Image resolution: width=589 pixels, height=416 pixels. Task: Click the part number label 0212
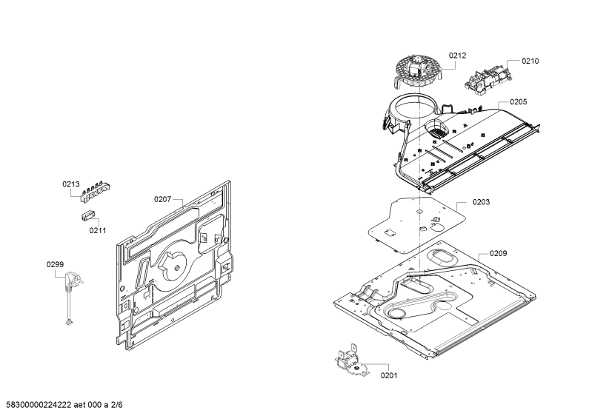point(457,56)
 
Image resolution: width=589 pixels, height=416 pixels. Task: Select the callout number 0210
point(530,61)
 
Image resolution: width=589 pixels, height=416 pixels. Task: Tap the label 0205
point(519,101)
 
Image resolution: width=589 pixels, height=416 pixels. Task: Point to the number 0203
point(481,202)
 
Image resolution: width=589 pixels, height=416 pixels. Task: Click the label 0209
point(498,253)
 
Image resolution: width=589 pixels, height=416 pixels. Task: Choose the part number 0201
point(389,375)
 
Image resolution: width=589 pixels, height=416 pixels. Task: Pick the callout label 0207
point(163,199)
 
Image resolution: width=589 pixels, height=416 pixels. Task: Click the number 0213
point(71,184)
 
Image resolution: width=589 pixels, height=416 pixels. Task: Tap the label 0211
point(98,230)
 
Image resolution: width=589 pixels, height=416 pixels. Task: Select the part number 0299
point(56,265)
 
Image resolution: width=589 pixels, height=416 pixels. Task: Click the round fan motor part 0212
point(418,71)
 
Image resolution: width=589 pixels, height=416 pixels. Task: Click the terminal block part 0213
point(96,192)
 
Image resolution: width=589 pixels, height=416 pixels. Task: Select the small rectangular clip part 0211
point(87,216)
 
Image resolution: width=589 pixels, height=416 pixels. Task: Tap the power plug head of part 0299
point(73,280)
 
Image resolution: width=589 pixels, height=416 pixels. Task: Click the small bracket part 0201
point(352,361)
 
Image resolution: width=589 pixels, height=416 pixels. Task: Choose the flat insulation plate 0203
point(416,224)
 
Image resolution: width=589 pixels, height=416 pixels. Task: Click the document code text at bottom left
point(61,405)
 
